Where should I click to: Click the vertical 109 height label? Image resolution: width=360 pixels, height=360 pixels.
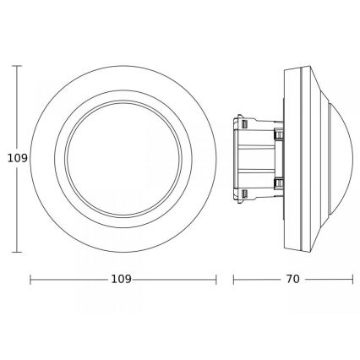tap(11, 157)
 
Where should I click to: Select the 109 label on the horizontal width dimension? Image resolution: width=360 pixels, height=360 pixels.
tap(123, 279)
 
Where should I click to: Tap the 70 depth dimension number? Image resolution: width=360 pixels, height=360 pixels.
tap(292, 279)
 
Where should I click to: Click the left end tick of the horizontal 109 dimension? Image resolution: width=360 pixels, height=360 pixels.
tap(30, 279)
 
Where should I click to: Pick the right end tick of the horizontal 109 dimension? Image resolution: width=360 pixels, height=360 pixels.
tap(216, 279)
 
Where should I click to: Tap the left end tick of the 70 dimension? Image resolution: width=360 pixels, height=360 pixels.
tap(233, 279)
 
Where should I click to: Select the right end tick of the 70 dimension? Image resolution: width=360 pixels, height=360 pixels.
tap(352, 279)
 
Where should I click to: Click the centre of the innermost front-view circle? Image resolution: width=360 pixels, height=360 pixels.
tap(123, 157)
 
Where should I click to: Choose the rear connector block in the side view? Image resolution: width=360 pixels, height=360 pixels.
tap(254, 157)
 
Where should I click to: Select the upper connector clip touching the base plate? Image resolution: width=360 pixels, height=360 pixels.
tap(276, 134)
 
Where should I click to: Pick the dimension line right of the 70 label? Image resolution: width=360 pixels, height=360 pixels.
tap(330, 279)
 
